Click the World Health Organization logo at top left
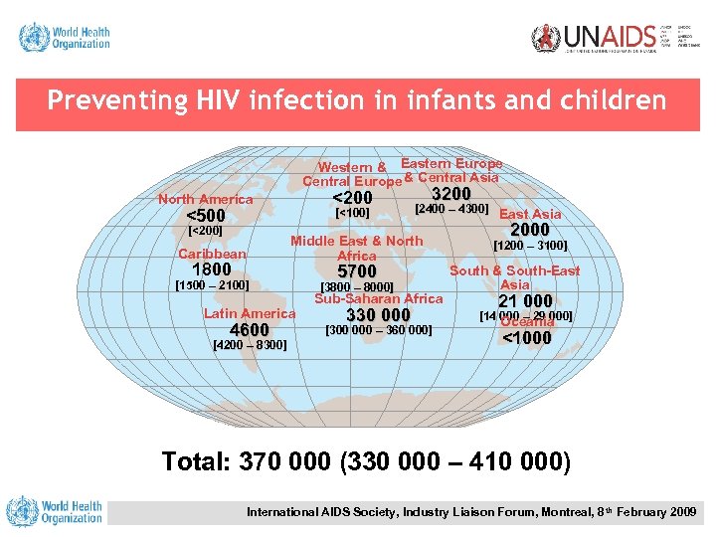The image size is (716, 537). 65,38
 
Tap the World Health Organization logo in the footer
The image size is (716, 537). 55,511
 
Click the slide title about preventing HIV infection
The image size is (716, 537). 357,100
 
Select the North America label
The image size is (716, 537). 206,199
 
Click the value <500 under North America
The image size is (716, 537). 206,216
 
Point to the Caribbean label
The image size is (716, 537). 212,254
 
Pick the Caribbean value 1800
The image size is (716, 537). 211,269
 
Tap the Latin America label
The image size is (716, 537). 250,313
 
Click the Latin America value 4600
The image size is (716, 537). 249,330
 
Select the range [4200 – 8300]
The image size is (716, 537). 251,345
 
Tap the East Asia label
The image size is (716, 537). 530,214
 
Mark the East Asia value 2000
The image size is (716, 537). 529,230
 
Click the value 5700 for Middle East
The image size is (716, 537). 357,271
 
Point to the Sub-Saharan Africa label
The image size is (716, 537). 379,298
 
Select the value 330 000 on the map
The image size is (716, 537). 378,315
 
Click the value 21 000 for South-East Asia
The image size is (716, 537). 524,301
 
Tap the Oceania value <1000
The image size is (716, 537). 526,337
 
